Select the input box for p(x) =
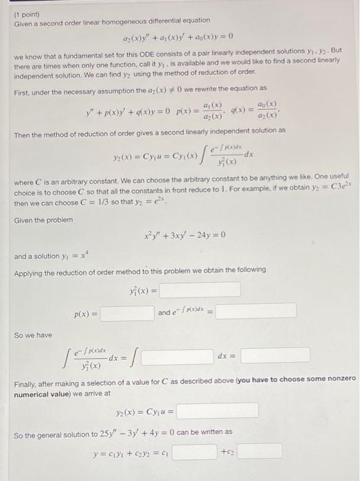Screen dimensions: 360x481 [127, 313]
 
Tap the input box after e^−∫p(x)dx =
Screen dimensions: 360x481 [256, 311]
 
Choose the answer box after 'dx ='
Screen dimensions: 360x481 [275, 355]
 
